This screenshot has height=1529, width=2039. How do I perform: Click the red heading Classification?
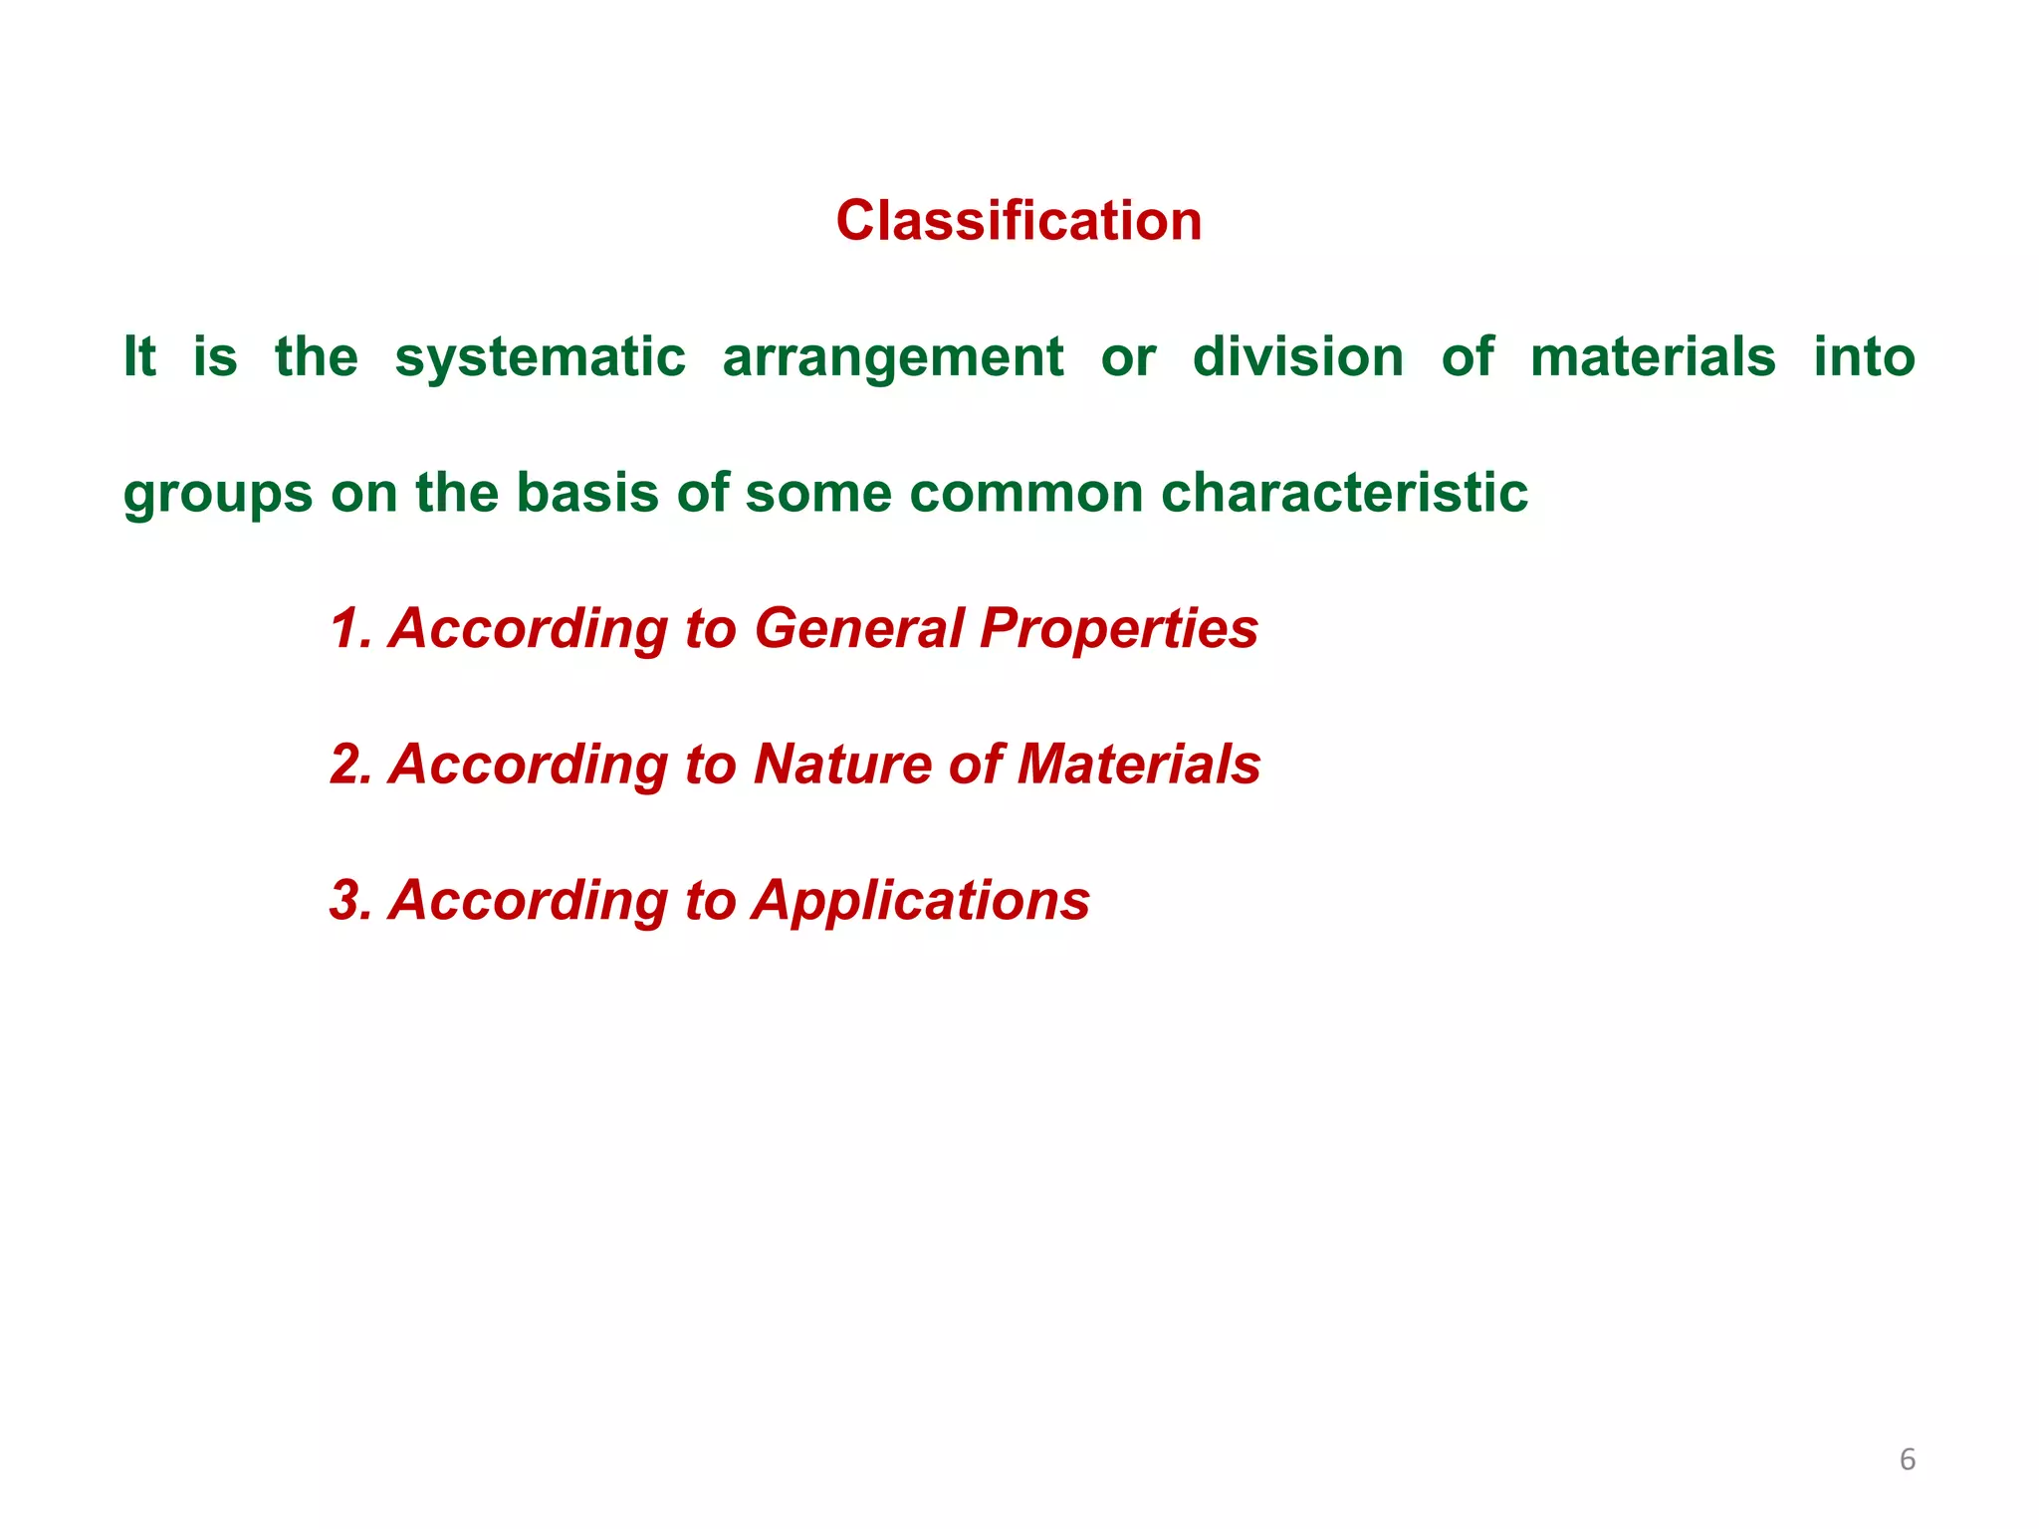point(1019,220)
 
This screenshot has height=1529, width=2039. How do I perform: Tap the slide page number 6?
point(1907,1459)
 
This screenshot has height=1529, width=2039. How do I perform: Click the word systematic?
point(540,357)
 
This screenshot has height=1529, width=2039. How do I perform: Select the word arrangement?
point(893,359)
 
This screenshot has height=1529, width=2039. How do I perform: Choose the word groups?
point(217,495)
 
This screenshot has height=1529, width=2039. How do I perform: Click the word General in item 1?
point(859,628)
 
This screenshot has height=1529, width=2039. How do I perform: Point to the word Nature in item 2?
point(841,764)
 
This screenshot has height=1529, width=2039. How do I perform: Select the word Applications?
point(921,901)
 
